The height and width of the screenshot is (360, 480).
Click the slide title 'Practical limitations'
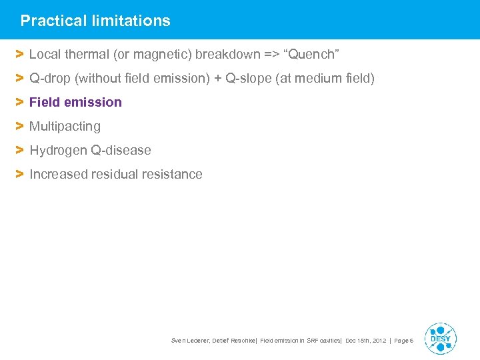coord(95,21)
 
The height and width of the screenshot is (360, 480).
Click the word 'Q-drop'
coord(51,79)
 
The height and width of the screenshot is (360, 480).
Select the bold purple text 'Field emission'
coord(75,102)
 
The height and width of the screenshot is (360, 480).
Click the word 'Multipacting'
coord(65,126)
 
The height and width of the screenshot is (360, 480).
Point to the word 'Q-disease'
coord(120,150)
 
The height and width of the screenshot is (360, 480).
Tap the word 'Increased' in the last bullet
coord(56,174)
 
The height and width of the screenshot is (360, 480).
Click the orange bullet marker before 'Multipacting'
coord(20,126)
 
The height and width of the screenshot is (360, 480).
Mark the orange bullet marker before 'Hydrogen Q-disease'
coord(20,150)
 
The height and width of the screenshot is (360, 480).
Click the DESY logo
coord(440,339)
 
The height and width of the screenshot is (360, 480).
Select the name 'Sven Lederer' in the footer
coord(191,341)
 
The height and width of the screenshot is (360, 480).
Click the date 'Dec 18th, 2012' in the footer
coord(365,341)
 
